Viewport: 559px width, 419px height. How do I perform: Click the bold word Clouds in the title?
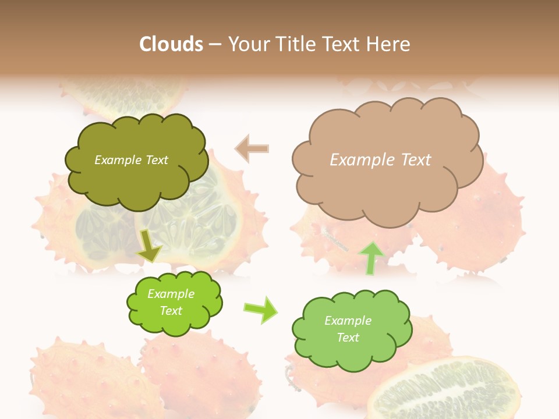tap(171, 44)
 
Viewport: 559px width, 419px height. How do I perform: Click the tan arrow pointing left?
tap(252, 149)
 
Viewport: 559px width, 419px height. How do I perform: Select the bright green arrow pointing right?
tap(261, 309)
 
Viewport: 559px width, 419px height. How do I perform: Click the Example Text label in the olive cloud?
tap(131, 160)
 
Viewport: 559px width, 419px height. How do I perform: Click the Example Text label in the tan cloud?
tap(380, 160)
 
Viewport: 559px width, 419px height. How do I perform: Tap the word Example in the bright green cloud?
tap(171, 294)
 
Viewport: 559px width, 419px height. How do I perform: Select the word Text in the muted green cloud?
tap(348, 338)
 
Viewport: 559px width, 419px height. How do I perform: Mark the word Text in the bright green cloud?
tap(171, 311)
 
